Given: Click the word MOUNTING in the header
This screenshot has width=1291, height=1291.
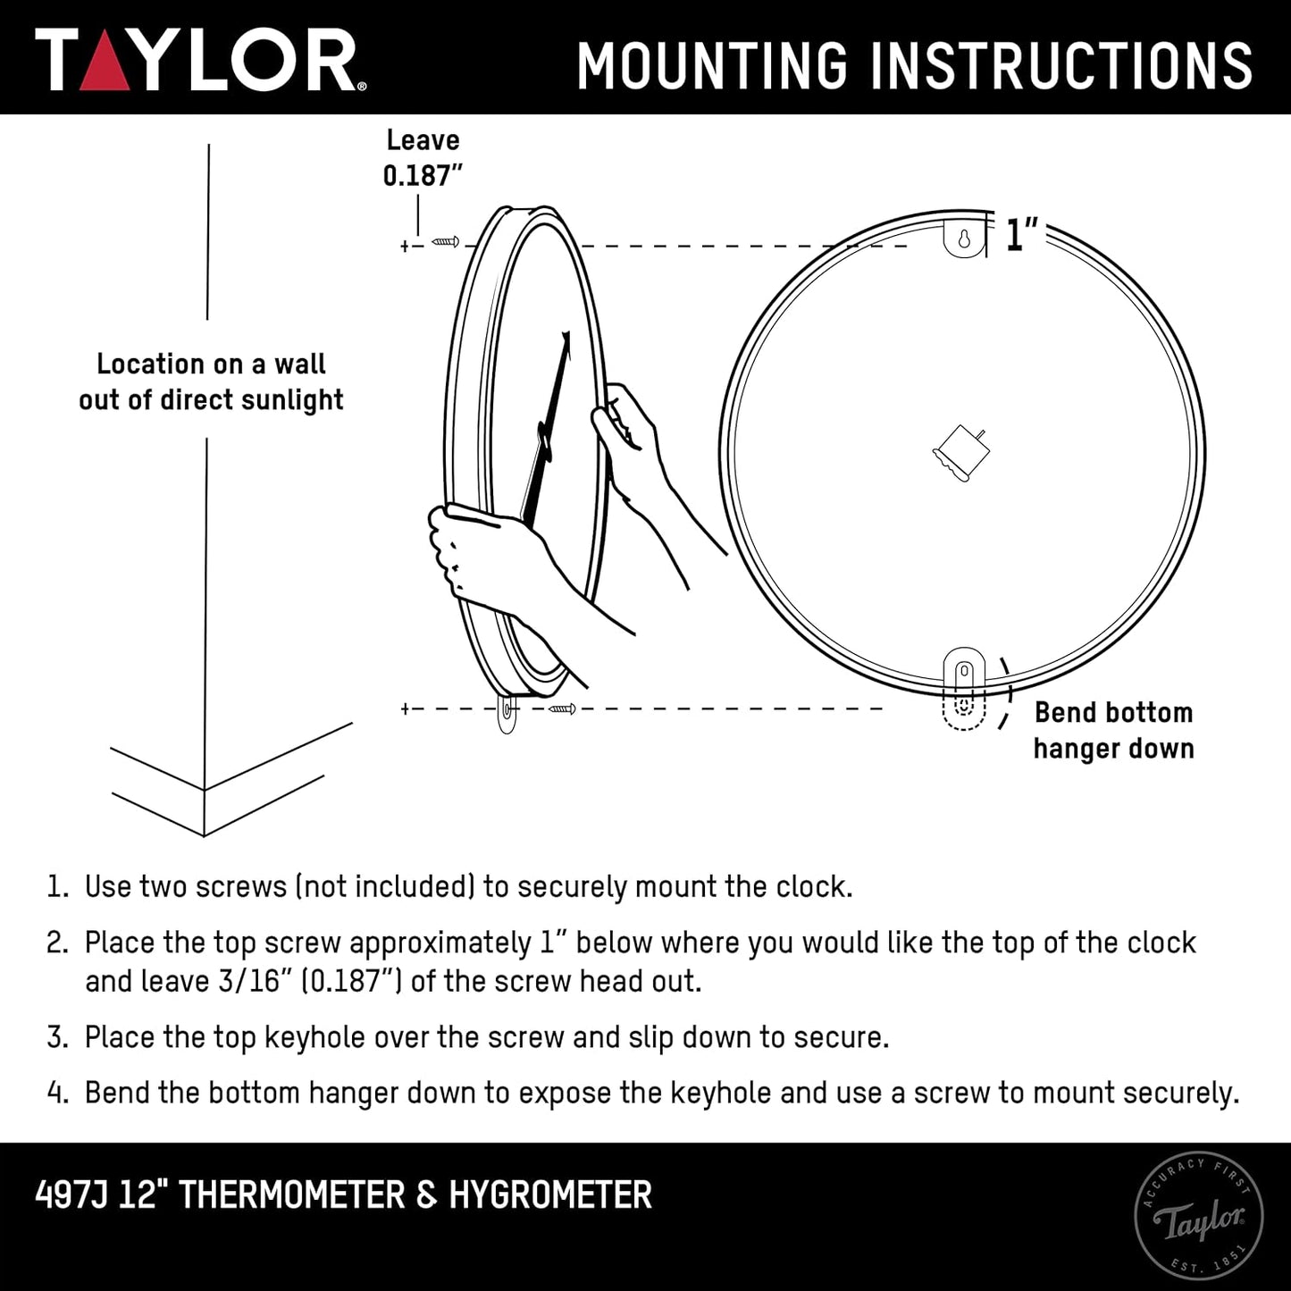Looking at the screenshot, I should (711, 65).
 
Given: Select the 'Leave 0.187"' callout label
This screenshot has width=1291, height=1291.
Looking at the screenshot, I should (423, 158).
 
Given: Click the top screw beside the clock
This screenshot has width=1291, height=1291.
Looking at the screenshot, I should (445, 241).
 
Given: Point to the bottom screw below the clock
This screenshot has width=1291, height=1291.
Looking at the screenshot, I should (562, 709).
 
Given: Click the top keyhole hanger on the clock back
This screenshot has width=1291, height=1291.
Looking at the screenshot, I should (964, 239).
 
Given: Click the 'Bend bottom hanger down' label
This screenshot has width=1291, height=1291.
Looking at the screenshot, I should (1113, 731).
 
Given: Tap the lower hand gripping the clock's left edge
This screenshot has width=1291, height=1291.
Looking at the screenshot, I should (474, 554).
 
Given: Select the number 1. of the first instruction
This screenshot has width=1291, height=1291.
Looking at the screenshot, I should (57, 887).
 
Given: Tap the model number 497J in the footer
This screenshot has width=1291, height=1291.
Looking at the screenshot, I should (71, 1195).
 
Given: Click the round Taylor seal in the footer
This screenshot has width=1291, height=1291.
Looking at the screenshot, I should (1198, 1216).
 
